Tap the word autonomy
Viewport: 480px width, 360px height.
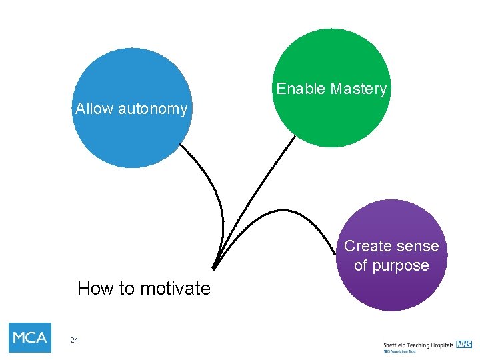tap(153, 109)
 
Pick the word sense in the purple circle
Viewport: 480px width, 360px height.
tap(417, 246)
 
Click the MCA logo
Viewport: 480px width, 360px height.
tap(30, 337)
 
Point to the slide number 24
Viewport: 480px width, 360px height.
tap(74, 341)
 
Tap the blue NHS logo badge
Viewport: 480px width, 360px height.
tap(464, 344)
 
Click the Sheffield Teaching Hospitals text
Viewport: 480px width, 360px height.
tap(418, 345)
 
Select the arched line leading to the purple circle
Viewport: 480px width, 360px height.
tap(280, 211)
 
